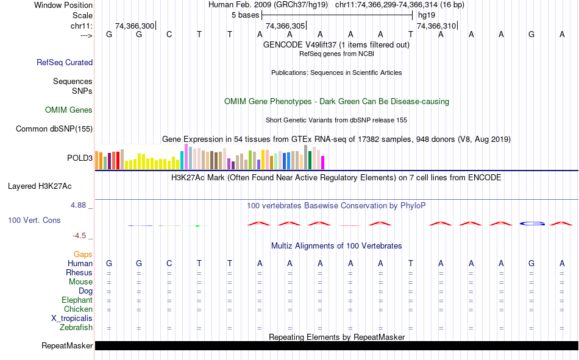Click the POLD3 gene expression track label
tap(80, 158)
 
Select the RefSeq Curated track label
tap(65, 62)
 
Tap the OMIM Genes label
tap(69, 110)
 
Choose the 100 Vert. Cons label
tap(34, 220)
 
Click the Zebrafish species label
tap(76, 328)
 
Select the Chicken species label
tap(78, 309)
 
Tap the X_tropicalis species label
tap(72, 319)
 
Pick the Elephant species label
tap(77, 300)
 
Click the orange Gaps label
tap(83, 254)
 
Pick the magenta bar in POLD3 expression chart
tap(323, 162)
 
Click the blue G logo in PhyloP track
tap(531, 224)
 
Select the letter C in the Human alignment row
tap(169, 263)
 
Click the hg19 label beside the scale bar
tap(427, 15)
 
